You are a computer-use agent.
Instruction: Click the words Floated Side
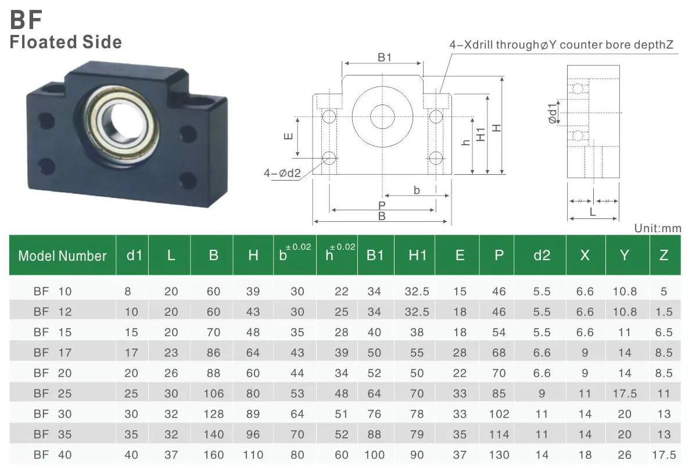point(66,42)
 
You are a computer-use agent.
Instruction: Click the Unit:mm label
point(657,228)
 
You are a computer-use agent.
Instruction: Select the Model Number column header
point(62,256)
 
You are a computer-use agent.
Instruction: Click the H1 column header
point(417,256)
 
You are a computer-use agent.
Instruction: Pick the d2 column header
point(542,256)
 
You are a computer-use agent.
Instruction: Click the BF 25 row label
point(52,394)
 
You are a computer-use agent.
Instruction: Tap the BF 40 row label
point(52,455)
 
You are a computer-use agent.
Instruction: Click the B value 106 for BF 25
point(213,394)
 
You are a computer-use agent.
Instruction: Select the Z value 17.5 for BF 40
point(664,455)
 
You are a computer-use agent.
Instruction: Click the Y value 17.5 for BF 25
point(625,394)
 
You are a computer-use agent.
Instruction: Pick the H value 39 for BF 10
point(253,292)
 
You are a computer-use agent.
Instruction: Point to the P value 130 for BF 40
point(499,455)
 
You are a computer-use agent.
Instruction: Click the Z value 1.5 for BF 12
point(664,312)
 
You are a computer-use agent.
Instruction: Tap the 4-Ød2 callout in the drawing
point(283,173)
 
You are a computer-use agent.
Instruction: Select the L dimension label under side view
point(593,213)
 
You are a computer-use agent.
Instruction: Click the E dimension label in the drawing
point(286,136)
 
